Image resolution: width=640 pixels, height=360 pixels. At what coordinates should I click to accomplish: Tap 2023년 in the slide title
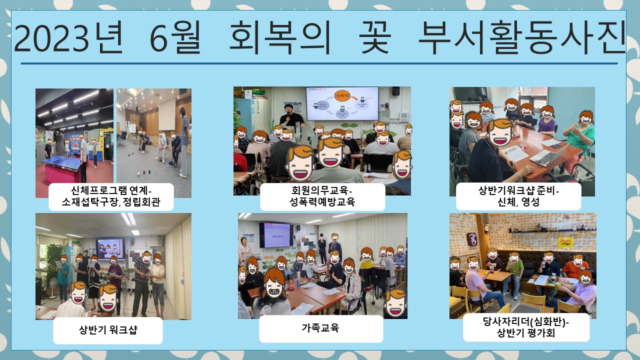click(68, 38)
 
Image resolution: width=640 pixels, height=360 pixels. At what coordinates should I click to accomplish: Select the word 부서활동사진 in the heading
click(522, 37)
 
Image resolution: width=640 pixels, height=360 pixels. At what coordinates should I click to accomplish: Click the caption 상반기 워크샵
click(108, 330)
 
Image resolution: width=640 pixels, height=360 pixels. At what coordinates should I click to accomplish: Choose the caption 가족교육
click(320, 327)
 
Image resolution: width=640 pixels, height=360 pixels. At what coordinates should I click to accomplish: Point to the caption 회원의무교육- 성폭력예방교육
click(322, 196)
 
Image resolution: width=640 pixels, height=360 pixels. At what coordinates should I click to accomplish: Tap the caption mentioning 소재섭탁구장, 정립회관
click(111, 196)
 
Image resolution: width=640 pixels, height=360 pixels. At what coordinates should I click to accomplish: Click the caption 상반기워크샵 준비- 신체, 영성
click(518, 196)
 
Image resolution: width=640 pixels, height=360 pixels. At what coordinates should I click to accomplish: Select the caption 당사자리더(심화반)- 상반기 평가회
click(526, 327)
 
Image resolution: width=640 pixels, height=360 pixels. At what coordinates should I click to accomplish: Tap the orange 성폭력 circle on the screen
click(342, 96)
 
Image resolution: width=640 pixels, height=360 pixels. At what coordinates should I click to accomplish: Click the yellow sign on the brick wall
click(565, 242)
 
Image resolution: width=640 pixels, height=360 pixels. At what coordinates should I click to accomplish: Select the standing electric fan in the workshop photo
click(52, 288)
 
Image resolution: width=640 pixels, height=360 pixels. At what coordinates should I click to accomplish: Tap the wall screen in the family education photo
click(276, 235)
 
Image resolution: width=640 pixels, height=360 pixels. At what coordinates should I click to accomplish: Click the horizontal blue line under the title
click(319, 63)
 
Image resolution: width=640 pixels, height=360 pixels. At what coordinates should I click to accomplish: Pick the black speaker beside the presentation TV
click(395, 91)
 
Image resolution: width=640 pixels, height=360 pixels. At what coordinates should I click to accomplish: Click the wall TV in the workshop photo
click(110, 249)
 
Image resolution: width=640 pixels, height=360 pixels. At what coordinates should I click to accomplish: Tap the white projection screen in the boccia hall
click(167, 115)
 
